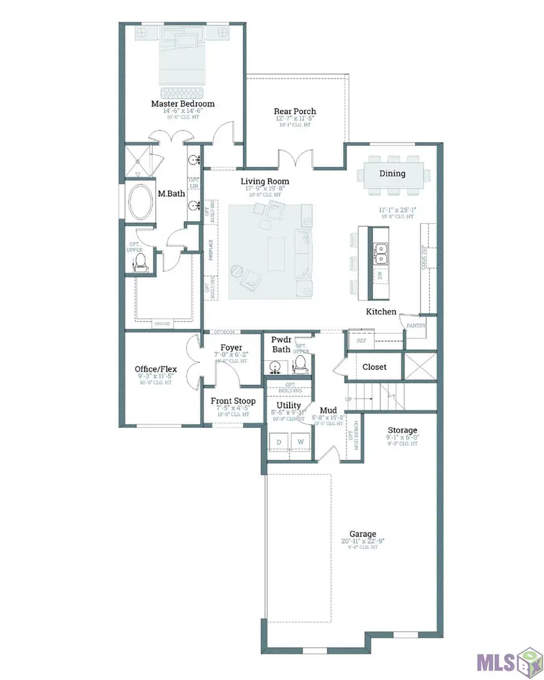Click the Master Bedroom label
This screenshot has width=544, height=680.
[x=183, y=103]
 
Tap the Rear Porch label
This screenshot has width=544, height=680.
[x=295, y=111]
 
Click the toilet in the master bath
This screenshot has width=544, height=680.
[x=140, y=261]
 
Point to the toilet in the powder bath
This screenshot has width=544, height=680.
[x=299, y=363]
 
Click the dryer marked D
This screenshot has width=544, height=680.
[x=279, y=442]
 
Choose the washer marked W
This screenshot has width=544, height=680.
[x=300, y=442]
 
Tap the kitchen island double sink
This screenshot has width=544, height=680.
[x=381, y=254]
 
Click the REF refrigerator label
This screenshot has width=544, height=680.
[x=361, y=341]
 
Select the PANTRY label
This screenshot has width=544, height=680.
[x=417, y=326]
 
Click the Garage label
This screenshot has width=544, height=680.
[x=363, y=534]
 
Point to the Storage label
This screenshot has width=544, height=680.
[x=403, y=430]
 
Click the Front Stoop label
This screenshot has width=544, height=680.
[x=233, y=401]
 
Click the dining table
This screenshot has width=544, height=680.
[x=392, y=175]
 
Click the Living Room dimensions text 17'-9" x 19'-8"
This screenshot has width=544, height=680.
[x=264, y=188]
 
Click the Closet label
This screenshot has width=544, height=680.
[x=374, y=367]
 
